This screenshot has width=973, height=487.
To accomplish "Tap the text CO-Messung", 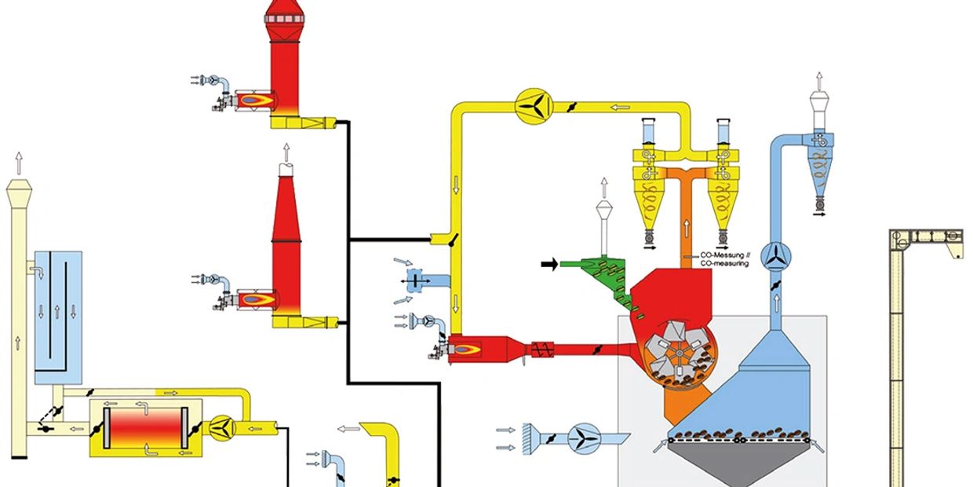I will pos(721,255).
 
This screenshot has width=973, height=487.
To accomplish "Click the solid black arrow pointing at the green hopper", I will pos(549,265).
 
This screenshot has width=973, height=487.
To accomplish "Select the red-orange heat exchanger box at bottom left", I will pos(146,427).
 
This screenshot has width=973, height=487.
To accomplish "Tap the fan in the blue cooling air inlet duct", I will pos(583,437).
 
